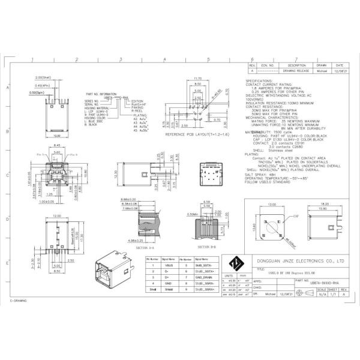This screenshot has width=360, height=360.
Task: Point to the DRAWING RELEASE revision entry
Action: coord(296,71)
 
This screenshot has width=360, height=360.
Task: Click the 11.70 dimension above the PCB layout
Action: coord(198,78)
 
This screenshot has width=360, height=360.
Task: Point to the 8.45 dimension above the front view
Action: coord(57,146)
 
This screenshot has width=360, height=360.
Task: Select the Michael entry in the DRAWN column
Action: coord(322,71)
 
